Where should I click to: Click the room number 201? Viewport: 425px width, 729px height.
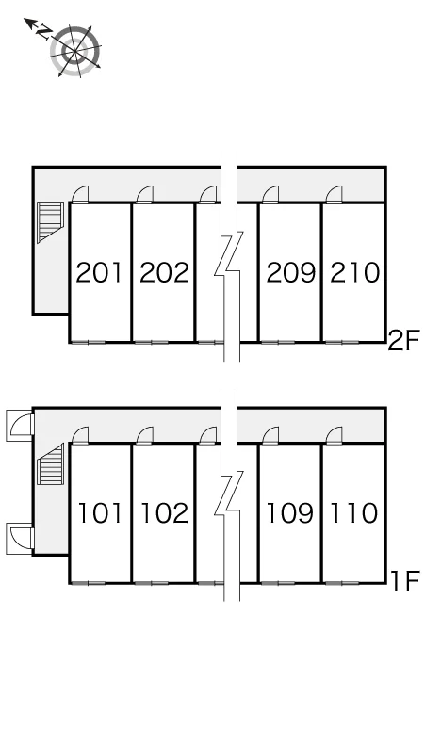99,273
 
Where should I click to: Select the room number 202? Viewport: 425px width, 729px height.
164,273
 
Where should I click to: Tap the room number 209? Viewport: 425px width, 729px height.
290,273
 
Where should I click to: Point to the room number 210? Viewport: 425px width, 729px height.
354,273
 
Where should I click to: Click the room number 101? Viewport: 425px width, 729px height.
100,513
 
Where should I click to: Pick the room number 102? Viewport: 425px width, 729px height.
164,513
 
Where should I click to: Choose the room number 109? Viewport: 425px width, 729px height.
289,513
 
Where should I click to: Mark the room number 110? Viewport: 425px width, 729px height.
353,513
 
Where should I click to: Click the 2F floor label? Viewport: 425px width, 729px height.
403,341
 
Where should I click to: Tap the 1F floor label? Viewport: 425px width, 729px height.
405,581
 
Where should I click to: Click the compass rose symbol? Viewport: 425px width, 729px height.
75,51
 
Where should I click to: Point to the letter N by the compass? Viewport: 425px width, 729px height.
44,32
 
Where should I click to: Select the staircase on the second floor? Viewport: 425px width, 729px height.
50,222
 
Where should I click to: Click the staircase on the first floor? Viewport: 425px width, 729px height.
50,463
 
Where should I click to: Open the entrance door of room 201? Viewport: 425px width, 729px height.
80,194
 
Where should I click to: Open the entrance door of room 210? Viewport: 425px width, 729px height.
334,194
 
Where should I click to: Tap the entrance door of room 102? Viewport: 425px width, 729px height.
145,435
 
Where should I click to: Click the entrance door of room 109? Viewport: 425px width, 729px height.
270,435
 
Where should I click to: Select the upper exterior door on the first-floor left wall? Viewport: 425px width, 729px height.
20,426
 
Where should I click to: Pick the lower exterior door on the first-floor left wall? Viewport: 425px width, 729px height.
20,539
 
